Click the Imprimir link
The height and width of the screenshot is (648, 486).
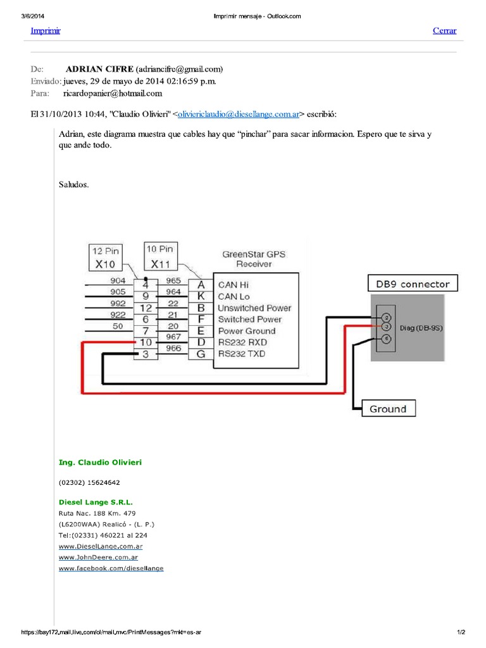tap(46, 30)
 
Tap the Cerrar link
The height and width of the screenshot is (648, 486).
tap(444, 30)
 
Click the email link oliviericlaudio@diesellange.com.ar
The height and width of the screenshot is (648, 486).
tap(239, 115)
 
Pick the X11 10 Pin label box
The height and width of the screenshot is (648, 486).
tap(161, 256)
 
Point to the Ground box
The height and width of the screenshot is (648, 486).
tap(388, 409)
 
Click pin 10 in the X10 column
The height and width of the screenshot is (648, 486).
tap(146, 342)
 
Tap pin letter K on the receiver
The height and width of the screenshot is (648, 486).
tap(201, 296)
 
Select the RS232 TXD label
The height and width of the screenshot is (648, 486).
tap(242, 354)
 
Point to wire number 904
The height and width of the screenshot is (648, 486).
tap(118, 280)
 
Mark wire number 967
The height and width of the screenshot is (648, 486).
tap(173, 337)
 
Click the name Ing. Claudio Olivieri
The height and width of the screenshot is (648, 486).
tap(101, 463)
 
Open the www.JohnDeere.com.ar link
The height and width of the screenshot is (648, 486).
tap(98, 558)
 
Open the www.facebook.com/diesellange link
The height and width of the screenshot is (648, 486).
tap(111, 569)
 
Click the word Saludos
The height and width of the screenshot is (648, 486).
tap(74, 185)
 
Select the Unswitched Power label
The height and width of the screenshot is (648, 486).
tap(254, 308)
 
